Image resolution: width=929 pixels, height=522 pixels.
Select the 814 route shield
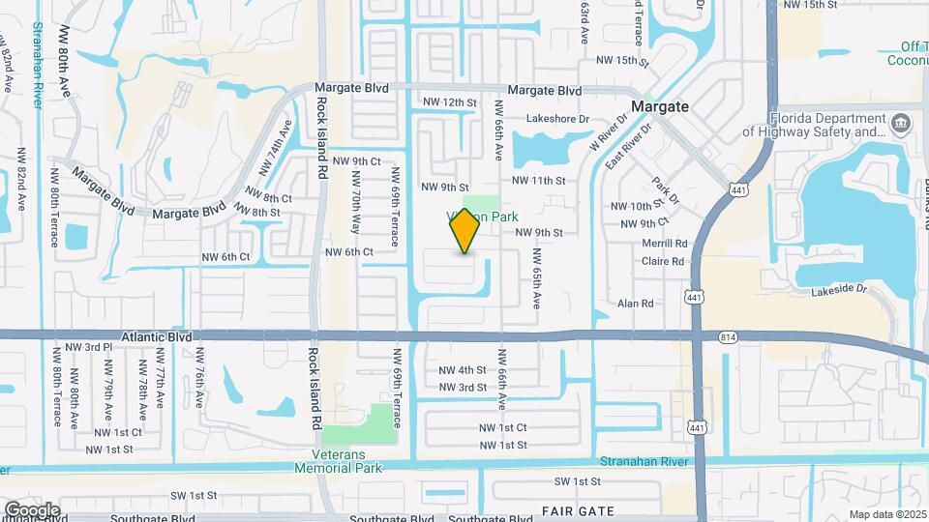[728, 336]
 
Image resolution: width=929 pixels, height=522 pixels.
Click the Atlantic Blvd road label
[154, 337]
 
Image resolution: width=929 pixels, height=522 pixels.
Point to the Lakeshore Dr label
[557, 119]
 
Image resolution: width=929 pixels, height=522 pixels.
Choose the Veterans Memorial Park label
[345, 461]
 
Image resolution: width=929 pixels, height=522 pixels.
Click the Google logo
[32, 509]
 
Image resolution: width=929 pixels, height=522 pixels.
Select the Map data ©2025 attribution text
[886, 514]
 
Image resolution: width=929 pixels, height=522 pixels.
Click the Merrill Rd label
[664, 244]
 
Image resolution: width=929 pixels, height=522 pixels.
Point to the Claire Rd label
[663, 261]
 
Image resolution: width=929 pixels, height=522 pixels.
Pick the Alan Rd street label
[636, 304]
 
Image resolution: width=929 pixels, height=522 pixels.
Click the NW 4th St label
[463, 370]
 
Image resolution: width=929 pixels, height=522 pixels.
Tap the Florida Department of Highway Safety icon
[901, 123]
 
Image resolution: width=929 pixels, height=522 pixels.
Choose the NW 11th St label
[538, 181]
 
